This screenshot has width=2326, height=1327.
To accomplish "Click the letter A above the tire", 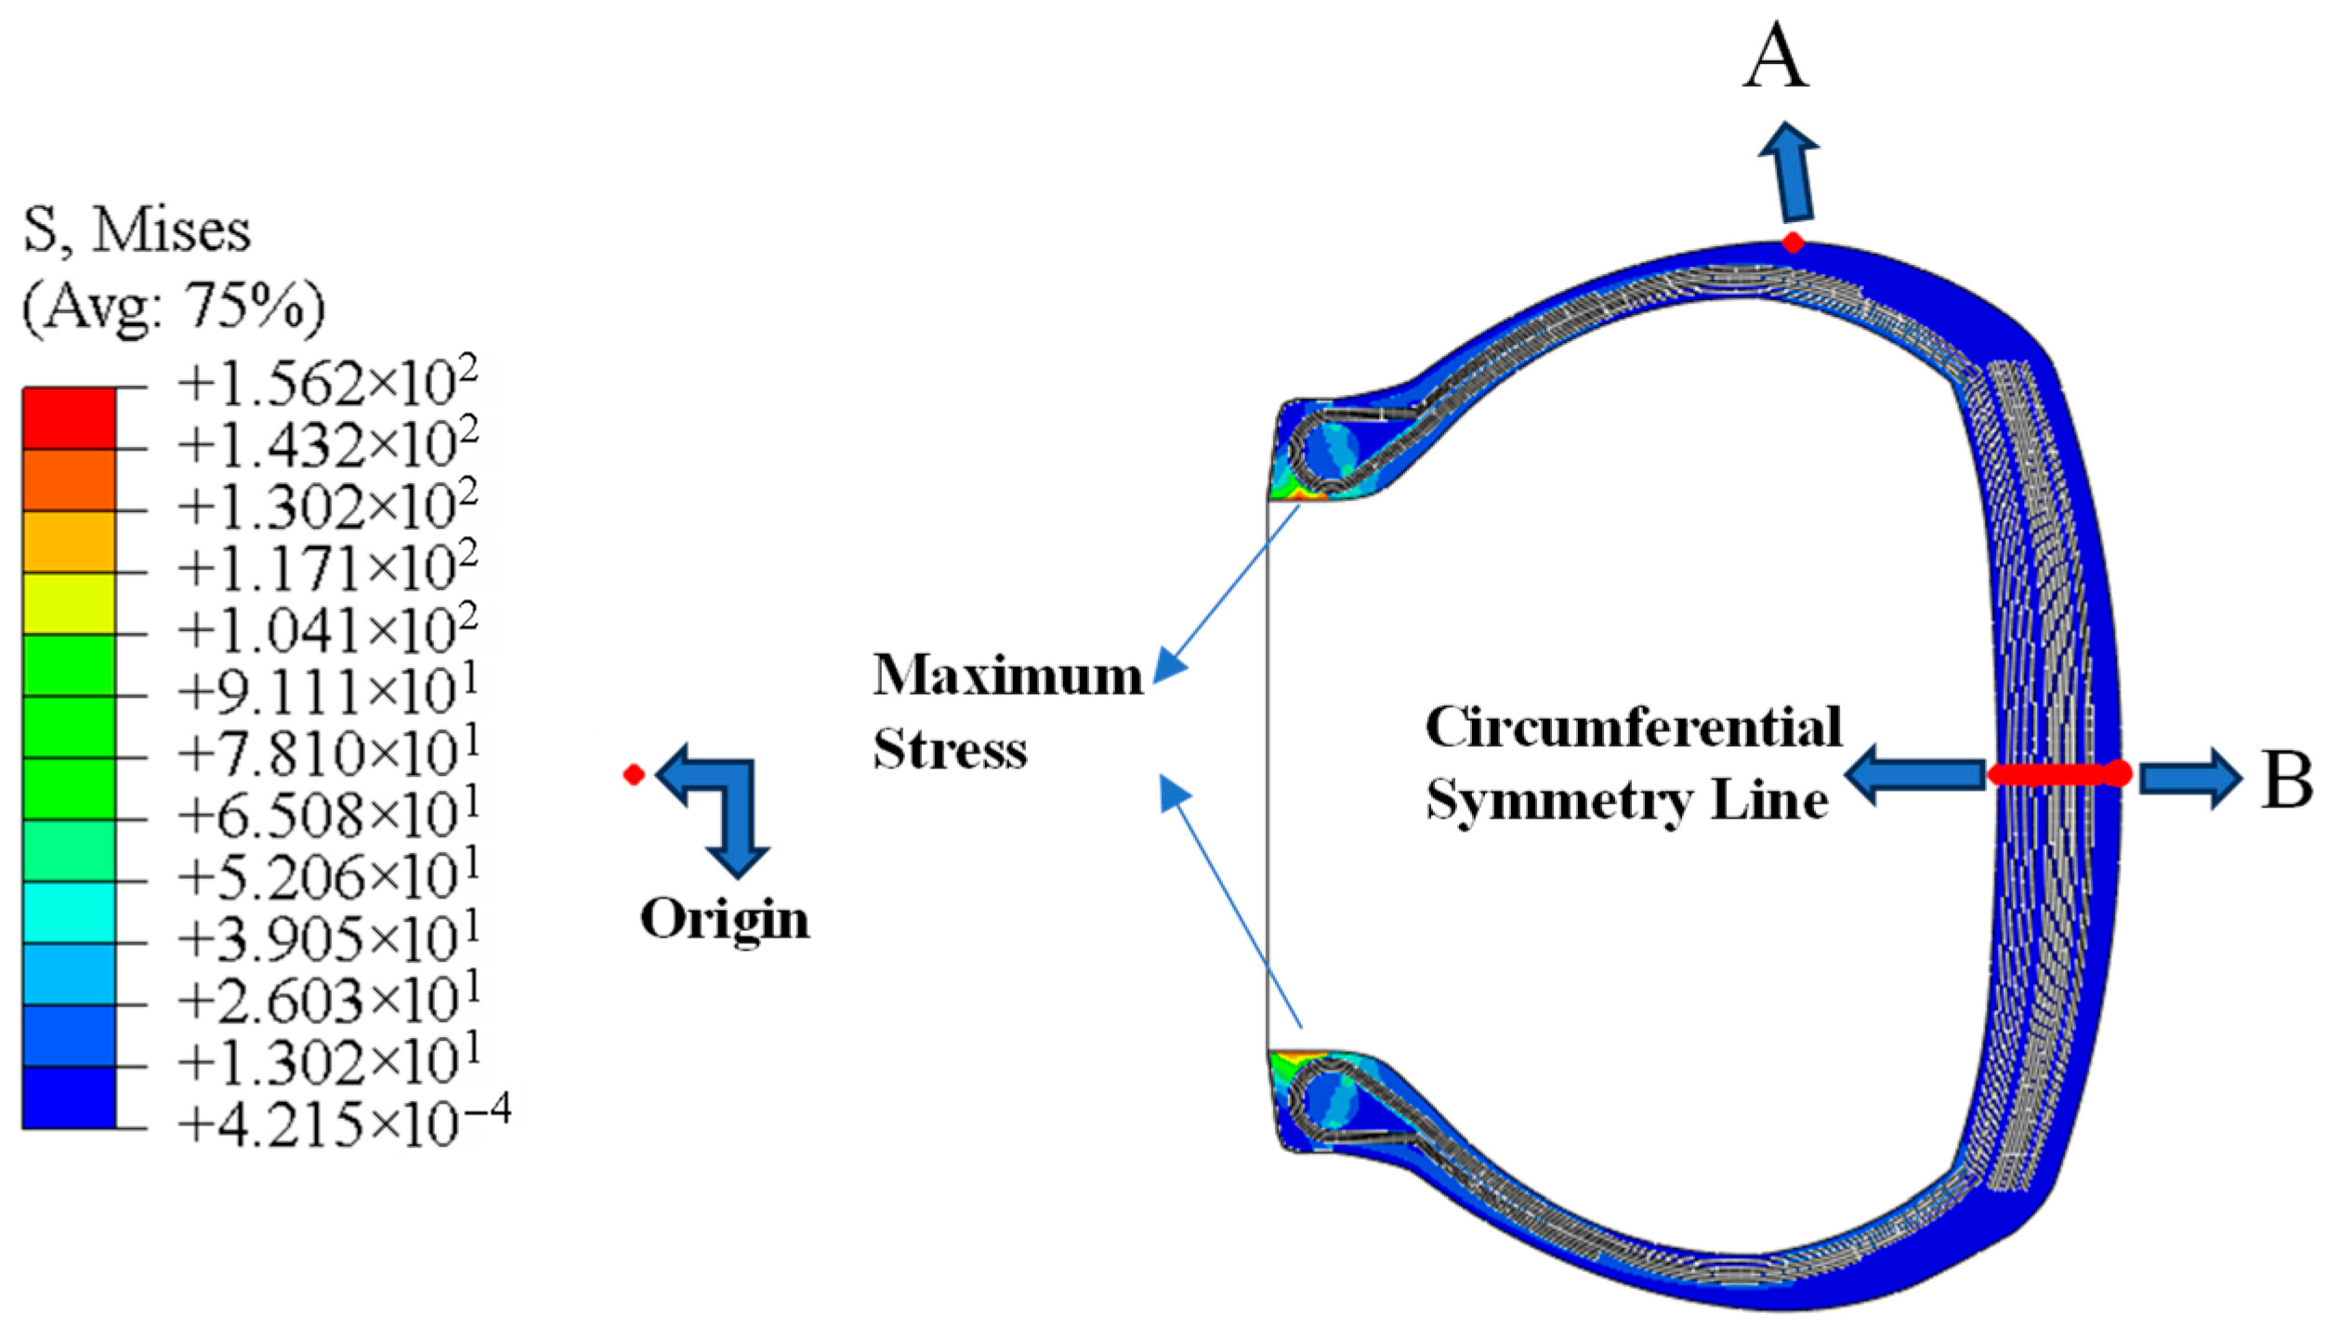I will point(1775,58).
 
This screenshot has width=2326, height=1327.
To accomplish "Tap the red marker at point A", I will point(1793,243).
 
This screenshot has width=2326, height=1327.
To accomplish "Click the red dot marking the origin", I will point(634,774).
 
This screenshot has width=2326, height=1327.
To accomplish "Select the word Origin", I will point(725,919).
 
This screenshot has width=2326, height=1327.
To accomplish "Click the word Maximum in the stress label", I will point(1007,675).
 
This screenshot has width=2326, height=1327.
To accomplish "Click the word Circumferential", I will point(1633,727).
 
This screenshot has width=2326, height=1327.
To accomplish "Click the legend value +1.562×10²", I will point(327,383).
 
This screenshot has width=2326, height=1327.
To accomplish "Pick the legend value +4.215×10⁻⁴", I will point(344,1122).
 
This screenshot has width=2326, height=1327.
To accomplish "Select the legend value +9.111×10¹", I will point(327,691).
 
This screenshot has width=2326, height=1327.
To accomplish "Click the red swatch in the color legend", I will point(69,418).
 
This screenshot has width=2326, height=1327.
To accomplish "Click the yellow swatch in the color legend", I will point(69,603).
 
